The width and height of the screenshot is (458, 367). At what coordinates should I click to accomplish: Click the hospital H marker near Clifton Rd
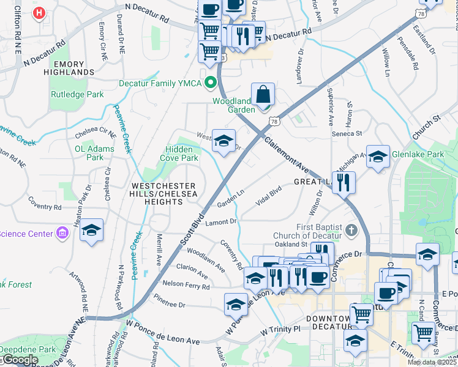40,12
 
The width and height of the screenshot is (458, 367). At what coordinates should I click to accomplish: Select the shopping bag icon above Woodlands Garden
263,95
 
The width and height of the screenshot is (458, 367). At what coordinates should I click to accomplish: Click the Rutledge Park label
77,95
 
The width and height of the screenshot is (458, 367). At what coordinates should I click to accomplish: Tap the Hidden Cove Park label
182,154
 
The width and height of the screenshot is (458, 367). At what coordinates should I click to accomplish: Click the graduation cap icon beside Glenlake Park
378,157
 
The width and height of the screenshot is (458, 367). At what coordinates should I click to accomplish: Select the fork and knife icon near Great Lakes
344,182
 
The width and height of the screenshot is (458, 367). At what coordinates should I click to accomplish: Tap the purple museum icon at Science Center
62,232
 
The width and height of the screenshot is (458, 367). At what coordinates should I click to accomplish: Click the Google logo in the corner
20,360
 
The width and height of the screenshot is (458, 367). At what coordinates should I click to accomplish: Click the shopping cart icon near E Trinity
422,333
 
